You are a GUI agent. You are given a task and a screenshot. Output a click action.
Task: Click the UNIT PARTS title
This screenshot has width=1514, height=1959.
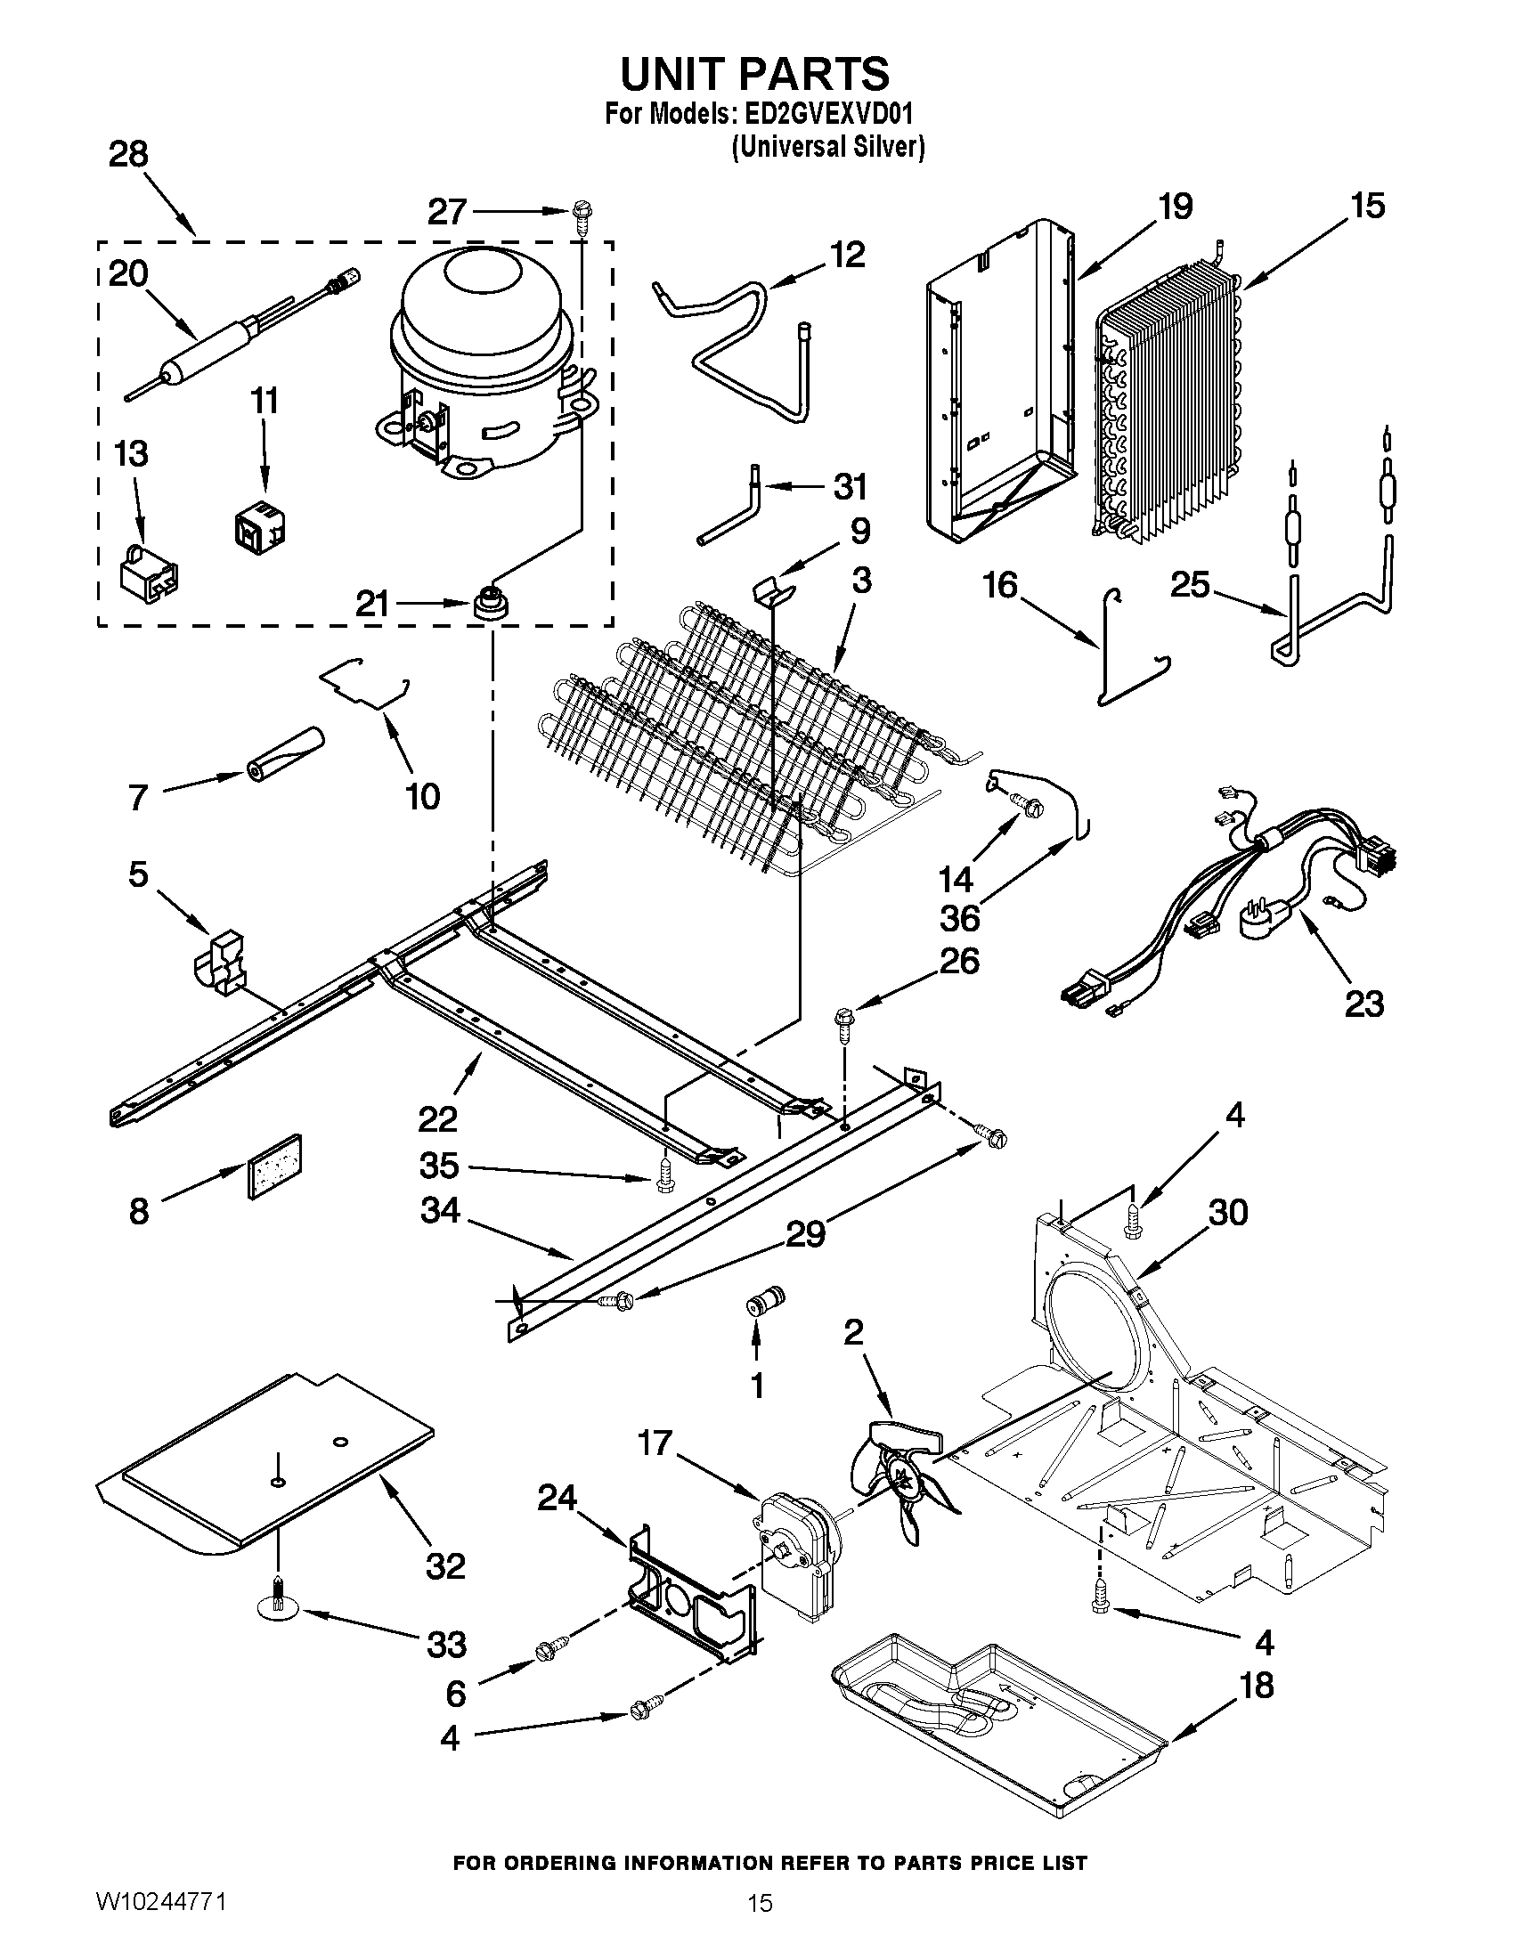click(x=754, y=74)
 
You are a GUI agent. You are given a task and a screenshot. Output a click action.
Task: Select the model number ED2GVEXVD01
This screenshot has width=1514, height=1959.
click(x=825, y=114)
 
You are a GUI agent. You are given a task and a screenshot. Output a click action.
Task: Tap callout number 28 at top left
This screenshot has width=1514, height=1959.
click(x=128, y=155)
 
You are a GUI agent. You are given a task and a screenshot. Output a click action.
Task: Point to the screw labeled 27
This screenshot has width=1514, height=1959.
click(x=580, y=216)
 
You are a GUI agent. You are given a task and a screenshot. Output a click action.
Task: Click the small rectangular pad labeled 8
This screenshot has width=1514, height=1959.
click(x=274, y=1166)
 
